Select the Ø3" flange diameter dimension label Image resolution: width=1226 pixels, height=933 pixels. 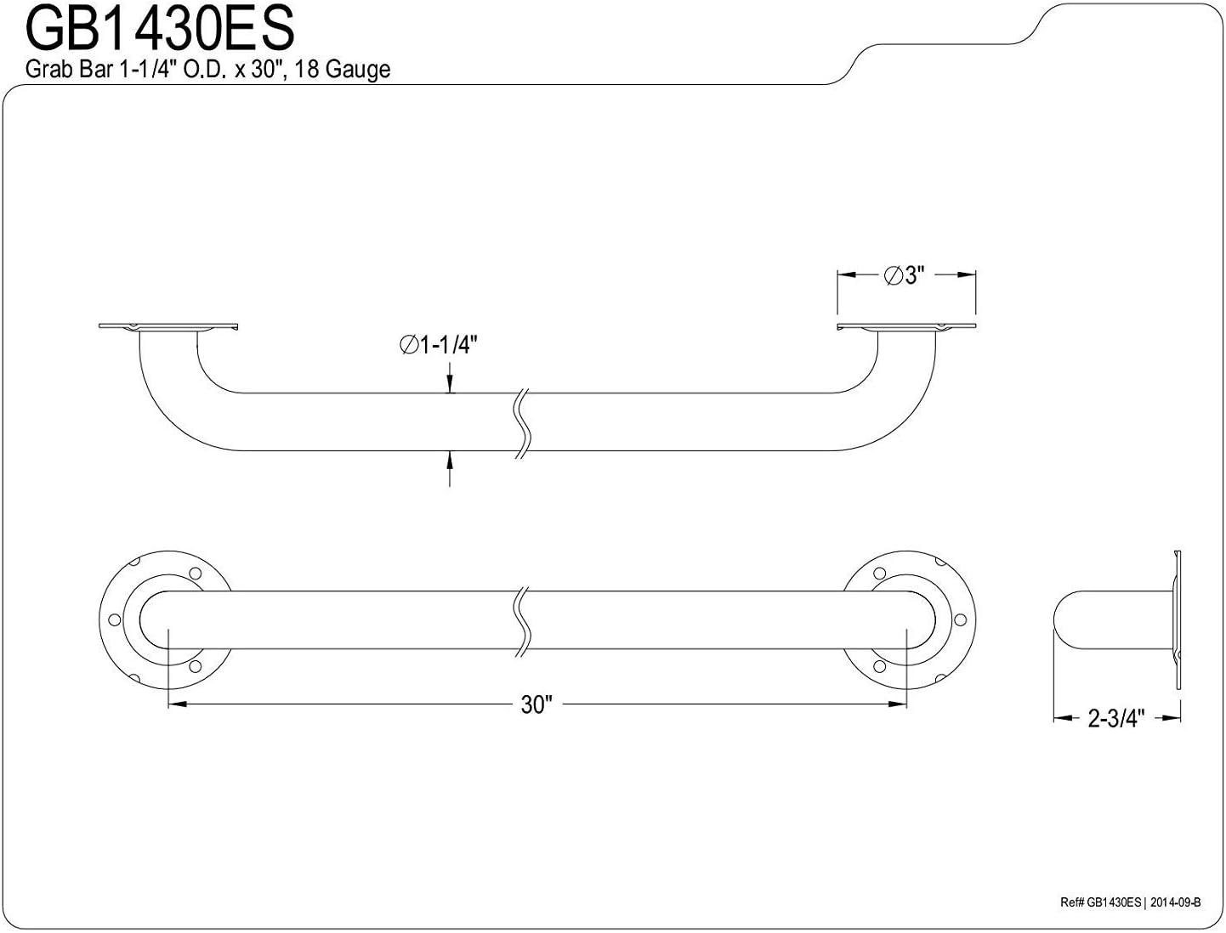904,275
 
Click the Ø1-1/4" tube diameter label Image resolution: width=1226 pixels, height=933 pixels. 439,345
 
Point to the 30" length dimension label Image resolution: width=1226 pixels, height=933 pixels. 536,704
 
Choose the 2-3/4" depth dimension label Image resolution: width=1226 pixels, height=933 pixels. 1116,718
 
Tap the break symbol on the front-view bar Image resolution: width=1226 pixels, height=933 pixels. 524,619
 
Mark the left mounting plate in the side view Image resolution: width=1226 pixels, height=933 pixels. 167,326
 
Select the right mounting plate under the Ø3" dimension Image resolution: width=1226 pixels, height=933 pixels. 906,326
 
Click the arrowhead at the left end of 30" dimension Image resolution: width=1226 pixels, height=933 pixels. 177,704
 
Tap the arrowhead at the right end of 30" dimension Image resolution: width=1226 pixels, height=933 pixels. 900,704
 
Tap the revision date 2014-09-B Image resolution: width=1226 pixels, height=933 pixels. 1175,903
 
